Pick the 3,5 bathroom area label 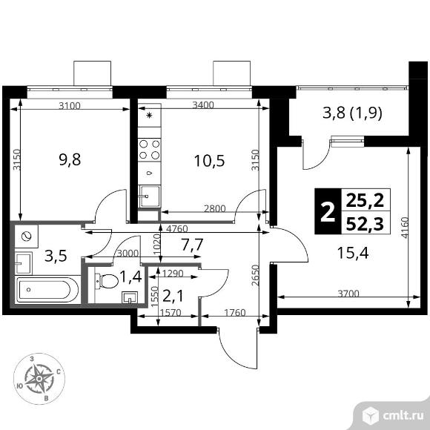click(x=56, y=258)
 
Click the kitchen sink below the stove click(x=149, y=196)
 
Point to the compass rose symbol click(x=39, y=377)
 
